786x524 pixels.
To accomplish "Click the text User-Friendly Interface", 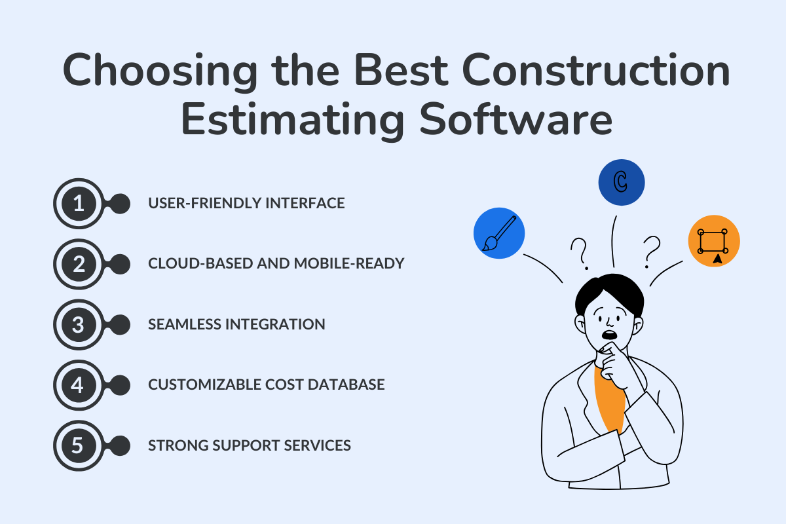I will tap(246, 204).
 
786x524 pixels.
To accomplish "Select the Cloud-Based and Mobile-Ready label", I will tap(276, 264).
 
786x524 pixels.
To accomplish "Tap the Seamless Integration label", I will tap(236, 324).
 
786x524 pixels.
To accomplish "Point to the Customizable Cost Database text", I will tap(266, 384).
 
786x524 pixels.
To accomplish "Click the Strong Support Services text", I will tap(250, 445).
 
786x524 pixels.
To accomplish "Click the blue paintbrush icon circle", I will tap(498, 234).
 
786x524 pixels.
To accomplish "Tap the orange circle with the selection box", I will tap(714, 241).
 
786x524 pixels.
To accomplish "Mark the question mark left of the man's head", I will tap(578, 254).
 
